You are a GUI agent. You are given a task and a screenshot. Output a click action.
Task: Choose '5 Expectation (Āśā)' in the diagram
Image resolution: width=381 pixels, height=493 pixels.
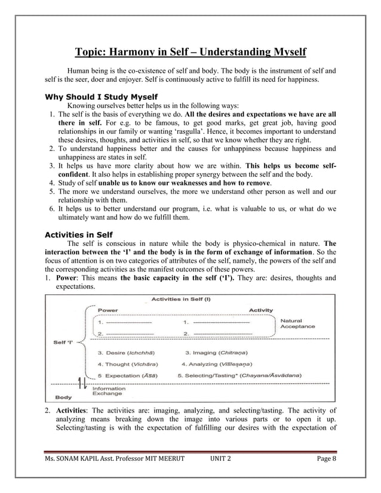[128, 375]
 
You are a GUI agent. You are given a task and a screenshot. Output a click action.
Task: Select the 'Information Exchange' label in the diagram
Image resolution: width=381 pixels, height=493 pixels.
[109, 391]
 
